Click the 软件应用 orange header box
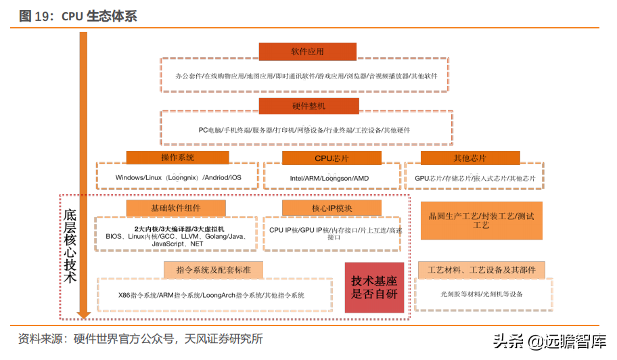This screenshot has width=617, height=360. (x=307, y=51)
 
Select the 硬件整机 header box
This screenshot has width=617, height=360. (x=307, y=106)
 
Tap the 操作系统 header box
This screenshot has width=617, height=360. (x=177, y=158)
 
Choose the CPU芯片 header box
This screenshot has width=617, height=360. (x=332, y=158)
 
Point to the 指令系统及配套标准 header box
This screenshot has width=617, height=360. (x=213, y=270)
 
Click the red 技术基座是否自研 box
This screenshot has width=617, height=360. (x=374, y=288)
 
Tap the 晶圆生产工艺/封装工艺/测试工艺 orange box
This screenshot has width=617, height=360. (x=481, y=221)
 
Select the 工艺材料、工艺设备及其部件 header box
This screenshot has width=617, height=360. (x=481, y=271)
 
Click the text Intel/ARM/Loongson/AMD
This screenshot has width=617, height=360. (x=329, y=178)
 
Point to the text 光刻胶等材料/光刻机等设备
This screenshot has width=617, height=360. (x=482, y=294)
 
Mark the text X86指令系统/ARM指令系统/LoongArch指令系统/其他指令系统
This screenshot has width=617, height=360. (x=211, y=296)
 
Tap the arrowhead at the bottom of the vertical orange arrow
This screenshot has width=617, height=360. (x=84, y=314)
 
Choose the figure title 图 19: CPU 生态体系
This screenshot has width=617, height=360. (x=78, y=16)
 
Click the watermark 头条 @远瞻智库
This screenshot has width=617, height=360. (x=549, y=340)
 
